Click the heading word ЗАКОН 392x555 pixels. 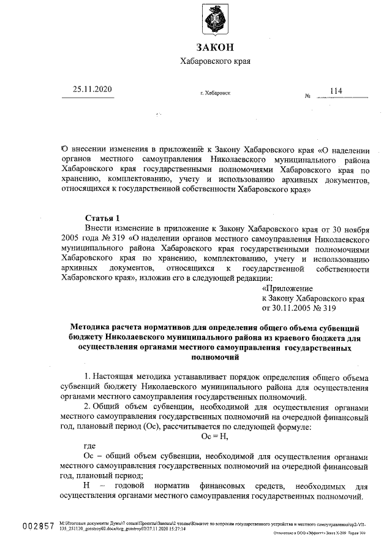click(215, 48)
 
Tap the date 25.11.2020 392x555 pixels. click(93, 90)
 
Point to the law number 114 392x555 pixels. click(336, 91)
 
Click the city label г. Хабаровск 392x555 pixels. click(215, 93)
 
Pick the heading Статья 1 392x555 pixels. click(99, 218)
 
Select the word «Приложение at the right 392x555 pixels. click(287, 288)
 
